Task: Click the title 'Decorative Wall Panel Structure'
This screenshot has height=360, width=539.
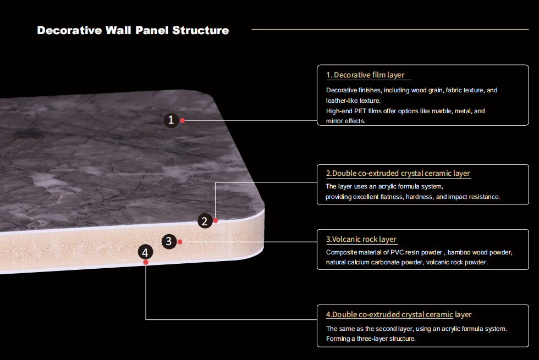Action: point(133,30)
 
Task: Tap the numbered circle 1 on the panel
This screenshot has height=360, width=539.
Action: point(172,120)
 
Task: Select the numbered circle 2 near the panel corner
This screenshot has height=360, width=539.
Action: point(204,221)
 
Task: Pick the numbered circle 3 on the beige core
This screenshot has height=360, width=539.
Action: point(169,241)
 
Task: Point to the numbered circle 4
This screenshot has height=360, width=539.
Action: point(145,252)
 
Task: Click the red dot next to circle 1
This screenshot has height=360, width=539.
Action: point(183,120)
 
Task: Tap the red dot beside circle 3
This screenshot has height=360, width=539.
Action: point(180,241)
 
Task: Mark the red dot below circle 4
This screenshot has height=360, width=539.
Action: point(146,262)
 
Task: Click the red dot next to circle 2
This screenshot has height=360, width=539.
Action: point(216,220)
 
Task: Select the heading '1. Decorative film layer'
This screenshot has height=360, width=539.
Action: point(365,75)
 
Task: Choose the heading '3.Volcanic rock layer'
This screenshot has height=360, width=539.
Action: point(361,239)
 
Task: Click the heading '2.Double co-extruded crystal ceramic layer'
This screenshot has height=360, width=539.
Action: point(398,173)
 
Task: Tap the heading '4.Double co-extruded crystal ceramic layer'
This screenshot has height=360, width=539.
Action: point(398,314)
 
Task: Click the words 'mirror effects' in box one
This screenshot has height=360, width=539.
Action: point(345,121)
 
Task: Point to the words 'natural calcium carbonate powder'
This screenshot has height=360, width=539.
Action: point(374,262)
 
